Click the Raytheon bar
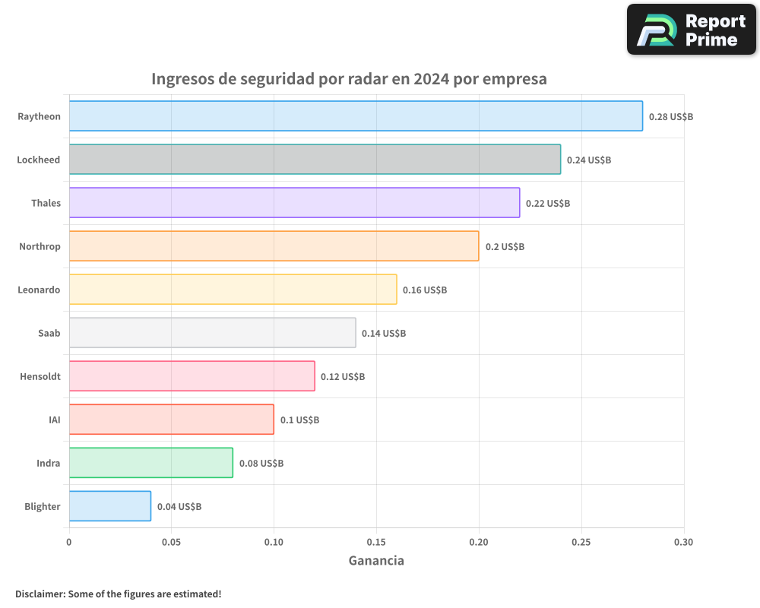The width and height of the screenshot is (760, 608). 356,116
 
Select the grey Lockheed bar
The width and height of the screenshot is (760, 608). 315,160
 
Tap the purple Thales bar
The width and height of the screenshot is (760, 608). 294,203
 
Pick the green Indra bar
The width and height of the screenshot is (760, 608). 150,463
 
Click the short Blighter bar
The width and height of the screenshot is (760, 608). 110,506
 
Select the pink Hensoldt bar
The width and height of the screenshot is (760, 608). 192,376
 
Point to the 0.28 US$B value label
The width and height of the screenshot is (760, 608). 670,117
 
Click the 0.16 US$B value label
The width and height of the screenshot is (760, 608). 424,290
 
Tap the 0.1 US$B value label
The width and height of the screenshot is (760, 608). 299,420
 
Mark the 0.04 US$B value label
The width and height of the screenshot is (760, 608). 179,507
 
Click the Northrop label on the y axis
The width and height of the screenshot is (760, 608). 40,246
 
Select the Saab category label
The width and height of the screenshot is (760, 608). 49,333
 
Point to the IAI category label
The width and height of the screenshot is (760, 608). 54,420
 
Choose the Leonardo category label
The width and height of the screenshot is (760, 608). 39,290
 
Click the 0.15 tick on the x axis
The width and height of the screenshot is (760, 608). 376,543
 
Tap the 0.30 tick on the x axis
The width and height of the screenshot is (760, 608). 683,543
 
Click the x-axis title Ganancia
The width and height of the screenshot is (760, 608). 376,561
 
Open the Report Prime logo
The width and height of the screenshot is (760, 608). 691,30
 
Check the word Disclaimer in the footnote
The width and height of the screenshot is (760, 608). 40,594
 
